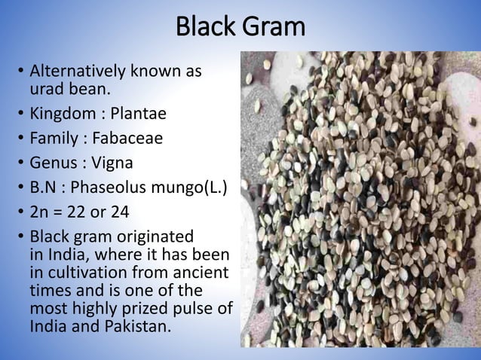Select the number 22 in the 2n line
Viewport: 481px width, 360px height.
81,209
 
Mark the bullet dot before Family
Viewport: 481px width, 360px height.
20,139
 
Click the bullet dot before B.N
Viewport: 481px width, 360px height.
20,186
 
